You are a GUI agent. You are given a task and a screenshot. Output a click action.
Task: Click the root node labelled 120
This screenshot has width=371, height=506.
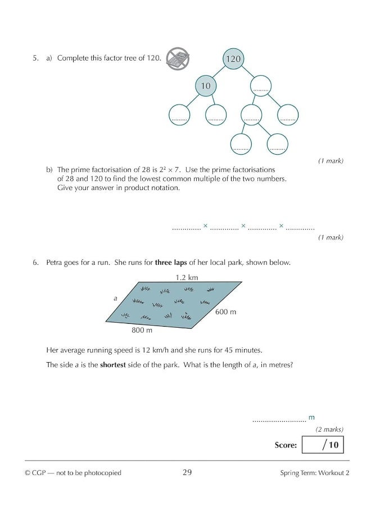[x=233, y=58]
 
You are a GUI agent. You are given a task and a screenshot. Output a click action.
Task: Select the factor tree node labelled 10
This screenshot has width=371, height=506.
[x=205, y=86]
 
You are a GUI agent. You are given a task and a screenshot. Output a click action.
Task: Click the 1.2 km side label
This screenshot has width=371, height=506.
[x=187, y=277]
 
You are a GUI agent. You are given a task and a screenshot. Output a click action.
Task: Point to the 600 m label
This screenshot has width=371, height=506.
[x=225, y=311]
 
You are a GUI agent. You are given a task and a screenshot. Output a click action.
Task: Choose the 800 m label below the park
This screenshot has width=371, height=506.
[x=142, y=331]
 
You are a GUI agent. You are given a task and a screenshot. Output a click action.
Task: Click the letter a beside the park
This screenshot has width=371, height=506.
[x=115, y=299]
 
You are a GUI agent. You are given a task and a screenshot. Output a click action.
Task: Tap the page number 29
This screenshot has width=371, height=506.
[x=187, y=473]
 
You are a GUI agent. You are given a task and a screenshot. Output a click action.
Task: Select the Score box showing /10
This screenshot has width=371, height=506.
[x=322, y=445]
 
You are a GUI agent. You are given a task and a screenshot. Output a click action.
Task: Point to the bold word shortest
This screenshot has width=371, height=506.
[x=116, y=365]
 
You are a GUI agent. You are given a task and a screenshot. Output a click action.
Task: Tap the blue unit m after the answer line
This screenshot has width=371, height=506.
[x=311, y=417]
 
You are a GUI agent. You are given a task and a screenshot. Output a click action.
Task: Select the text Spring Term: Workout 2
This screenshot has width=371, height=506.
[x=315, y=473]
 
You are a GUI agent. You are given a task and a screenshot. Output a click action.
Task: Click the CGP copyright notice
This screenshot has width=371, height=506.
[x=73, y=473]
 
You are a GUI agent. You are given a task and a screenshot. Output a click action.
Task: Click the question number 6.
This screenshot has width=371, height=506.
[x=35, y=263]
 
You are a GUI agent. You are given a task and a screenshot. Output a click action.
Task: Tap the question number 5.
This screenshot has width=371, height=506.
[x=35, y=58]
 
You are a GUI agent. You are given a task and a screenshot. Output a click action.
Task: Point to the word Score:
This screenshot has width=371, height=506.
[x=286, y=445]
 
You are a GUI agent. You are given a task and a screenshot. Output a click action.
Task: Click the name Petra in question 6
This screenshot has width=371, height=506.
[x=55, y=263]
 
